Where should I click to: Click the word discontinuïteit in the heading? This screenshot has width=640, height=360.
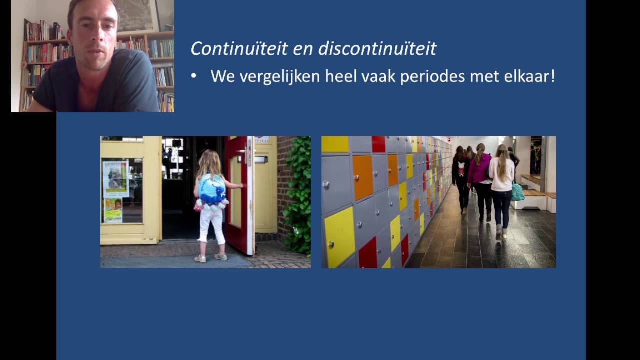point(377,49)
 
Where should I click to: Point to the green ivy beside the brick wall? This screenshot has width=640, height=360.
point(298,195)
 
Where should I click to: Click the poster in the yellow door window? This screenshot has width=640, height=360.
point(115,179)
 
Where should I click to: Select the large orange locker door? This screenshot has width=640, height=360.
point(363,177)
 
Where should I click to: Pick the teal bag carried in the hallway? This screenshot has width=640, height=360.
point(517,192)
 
